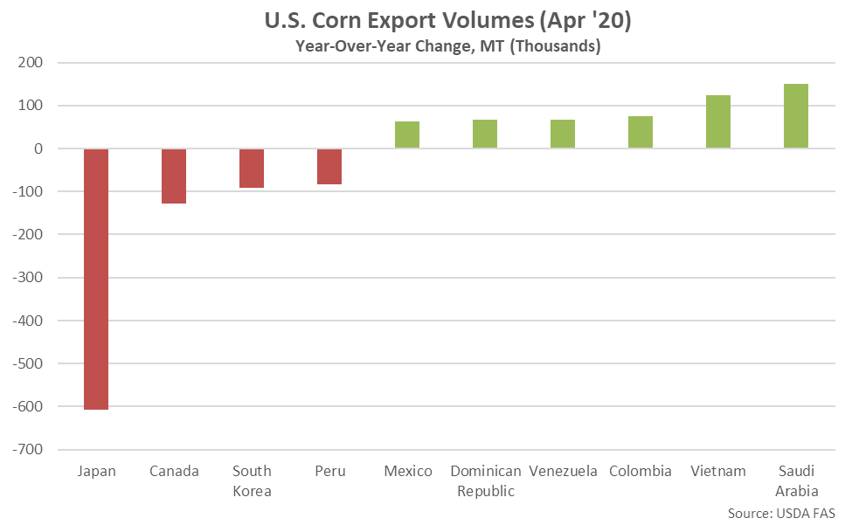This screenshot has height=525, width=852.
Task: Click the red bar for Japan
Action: (96, 279)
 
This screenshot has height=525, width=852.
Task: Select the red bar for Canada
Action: (174, 176)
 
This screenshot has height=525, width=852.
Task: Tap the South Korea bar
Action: (252, 168)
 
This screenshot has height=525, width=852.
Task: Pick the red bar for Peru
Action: (329, 166)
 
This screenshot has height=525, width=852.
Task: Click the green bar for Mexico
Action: (407, 135)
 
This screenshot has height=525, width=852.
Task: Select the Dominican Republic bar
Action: (485, 134)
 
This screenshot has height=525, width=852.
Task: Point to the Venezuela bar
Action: (563, 134)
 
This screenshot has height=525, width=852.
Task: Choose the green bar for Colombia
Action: (641, 132)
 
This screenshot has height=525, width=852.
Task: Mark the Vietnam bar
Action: (718, 121)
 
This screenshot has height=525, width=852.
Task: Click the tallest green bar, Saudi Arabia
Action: (796, 116)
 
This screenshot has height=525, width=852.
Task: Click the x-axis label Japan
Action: (96, 472)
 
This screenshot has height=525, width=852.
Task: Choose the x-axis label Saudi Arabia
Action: (796, 480)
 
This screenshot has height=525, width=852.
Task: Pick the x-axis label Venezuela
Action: (563, 472)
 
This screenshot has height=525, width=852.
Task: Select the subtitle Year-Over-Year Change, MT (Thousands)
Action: (447, 47)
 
